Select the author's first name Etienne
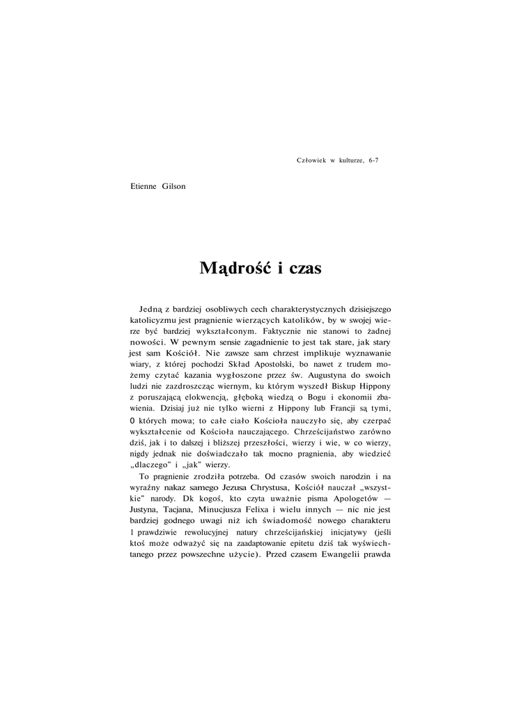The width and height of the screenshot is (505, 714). click(x=144, y=186)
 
